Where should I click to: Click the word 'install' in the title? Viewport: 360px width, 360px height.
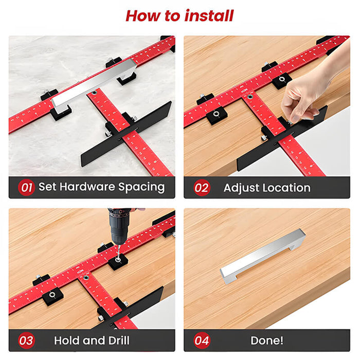point(209,16)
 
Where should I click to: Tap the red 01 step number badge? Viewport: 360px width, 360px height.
point(26,187)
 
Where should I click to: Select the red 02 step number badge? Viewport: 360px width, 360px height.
point(202,188)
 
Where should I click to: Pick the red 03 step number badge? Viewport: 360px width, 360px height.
point(26,340)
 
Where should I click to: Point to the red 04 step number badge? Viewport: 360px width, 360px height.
point(202,340)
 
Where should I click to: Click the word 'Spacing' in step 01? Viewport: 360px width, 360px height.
point(141,187)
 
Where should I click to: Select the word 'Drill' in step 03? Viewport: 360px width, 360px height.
point(119,340)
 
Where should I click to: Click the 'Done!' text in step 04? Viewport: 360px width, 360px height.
point(267,340)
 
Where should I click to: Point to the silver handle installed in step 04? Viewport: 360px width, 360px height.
point(262,256)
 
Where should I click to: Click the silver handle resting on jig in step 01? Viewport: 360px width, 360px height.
point(94,84)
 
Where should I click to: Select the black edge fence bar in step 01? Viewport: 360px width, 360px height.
point(127,134)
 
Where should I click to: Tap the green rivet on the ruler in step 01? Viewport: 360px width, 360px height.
point(94,93)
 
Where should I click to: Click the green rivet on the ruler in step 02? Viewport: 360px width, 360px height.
point(250,97)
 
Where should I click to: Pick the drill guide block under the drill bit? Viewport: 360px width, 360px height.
point(118,261)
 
